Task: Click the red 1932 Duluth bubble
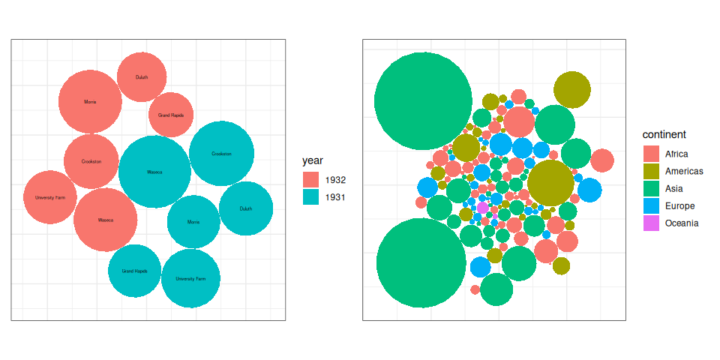coord(142,76)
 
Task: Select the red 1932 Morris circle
coord(90,101)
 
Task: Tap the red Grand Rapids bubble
coord(171,115)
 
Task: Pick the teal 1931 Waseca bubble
coord(154,172)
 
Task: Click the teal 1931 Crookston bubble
coord(221,154)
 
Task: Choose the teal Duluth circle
coord(246,208)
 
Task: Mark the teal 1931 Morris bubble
coord(193,222)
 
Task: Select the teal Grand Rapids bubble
coord(135,271)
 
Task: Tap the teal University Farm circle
coord(190,278)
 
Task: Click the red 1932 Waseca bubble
coord(106,220)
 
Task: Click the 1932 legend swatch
coord(311,180)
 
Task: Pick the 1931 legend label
coord(335,197)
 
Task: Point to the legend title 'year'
coord(313,160)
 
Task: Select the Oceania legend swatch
coord(651,223)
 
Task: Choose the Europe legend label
coord(679,205)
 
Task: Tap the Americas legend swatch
coord(651,171)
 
